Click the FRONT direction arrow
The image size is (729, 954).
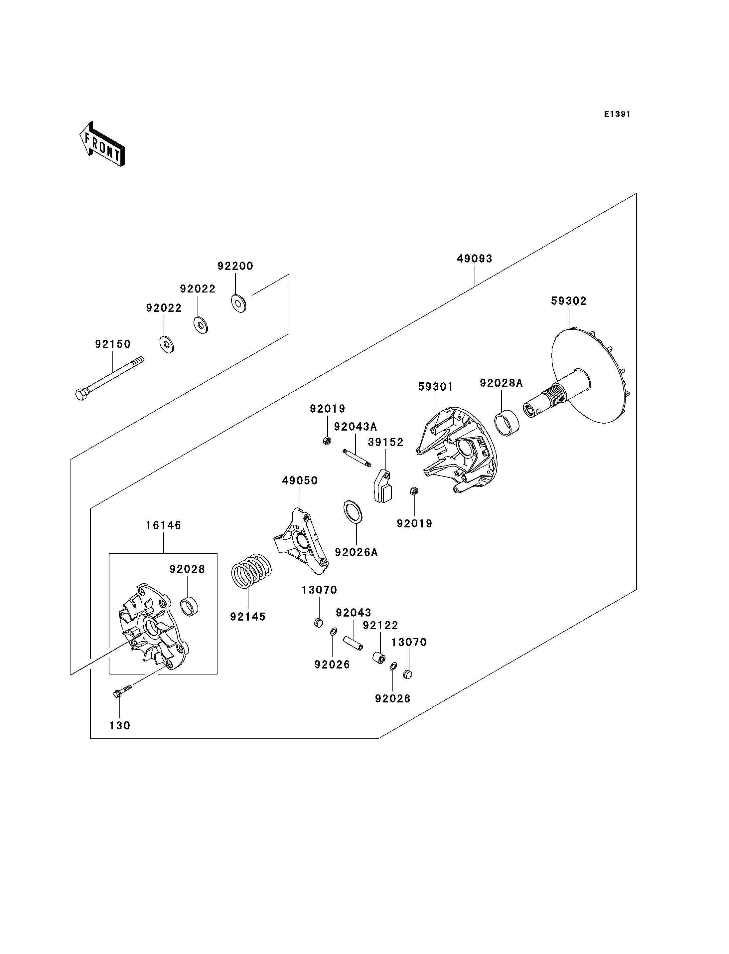tap(102, 145)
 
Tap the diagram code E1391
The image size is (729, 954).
tap(617, 114)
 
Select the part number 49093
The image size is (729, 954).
tap(474, 259)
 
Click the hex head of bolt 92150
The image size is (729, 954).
tap(81, 394)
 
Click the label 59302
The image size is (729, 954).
tap(568, 301)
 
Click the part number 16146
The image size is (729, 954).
tap(163, 525)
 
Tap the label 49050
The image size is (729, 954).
tap(300, 481)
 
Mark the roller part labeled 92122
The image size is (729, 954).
tap(379, 658)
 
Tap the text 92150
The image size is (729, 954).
tap(113, 344)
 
